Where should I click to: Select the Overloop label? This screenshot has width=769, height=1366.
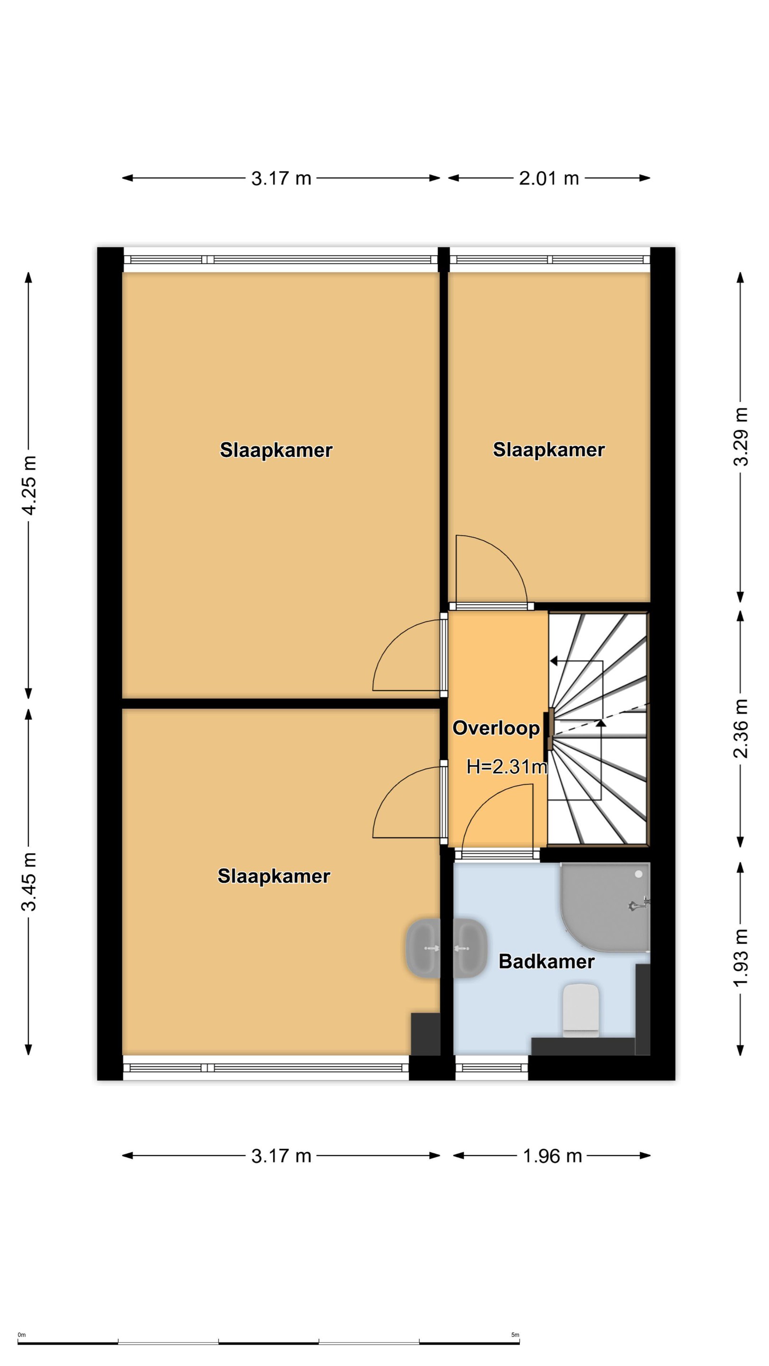[496, 728]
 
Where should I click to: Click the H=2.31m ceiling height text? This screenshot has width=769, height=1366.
[506, 766]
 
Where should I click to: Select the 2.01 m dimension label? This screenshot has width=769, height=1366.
[549, 178]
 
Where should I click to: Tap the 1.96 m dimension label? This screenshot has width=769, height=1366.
[552, 1156]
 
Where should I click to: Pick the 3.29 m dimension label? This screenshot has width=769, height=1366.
[741, 436]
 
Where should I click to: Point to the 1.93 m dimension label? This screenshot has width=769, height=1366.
[741, 957]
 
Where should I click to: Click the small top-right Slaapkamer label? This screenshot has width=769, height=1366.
[549, 450]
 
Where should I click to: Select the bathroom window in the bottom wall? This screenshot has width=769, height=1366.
[491, 1068]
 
